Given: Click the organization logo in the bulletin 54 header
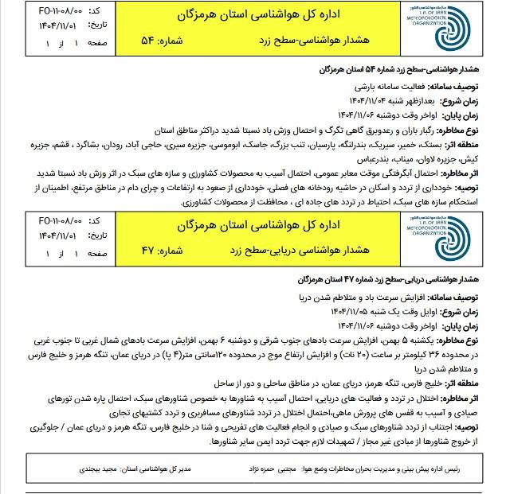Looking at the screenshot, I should [458, 30].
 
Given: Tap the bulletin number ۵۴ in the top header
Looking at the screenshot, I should [151, 40].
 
